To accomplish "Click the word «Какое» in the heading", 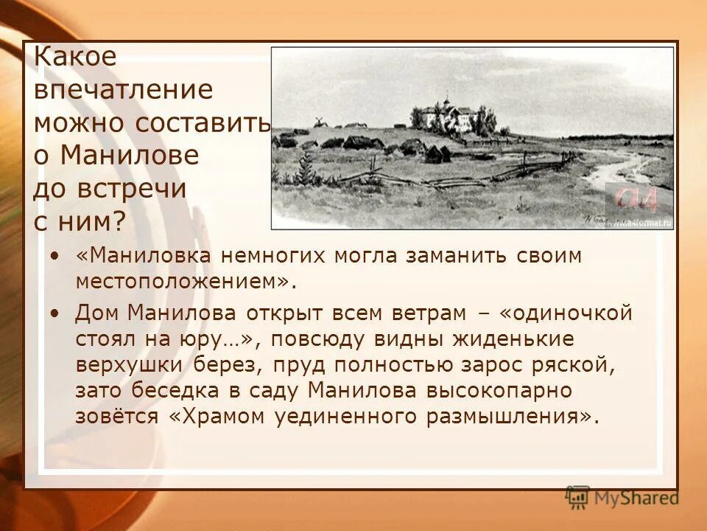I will [76, 57].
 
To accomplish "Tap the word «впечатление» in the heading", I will [123, 90].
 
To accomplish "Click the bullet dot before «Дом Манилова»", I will [56, 313].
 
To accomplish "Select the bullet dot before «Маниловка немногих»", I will [56, 255].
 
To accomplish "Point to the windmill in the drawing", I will [320, 122].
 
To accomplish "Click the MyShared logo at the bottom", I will [623, 498].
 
